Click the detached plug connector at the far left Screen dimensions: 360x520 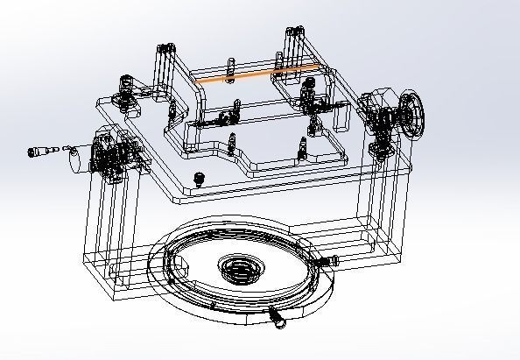(x=40, y=152)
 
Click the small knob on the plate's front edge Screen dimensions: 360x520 (x=200, y=179)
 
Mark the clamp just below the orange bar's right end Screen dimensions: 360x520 (x=307, y=92)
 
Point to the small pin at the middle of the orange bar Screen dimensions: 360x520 (x=230, y=71)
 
